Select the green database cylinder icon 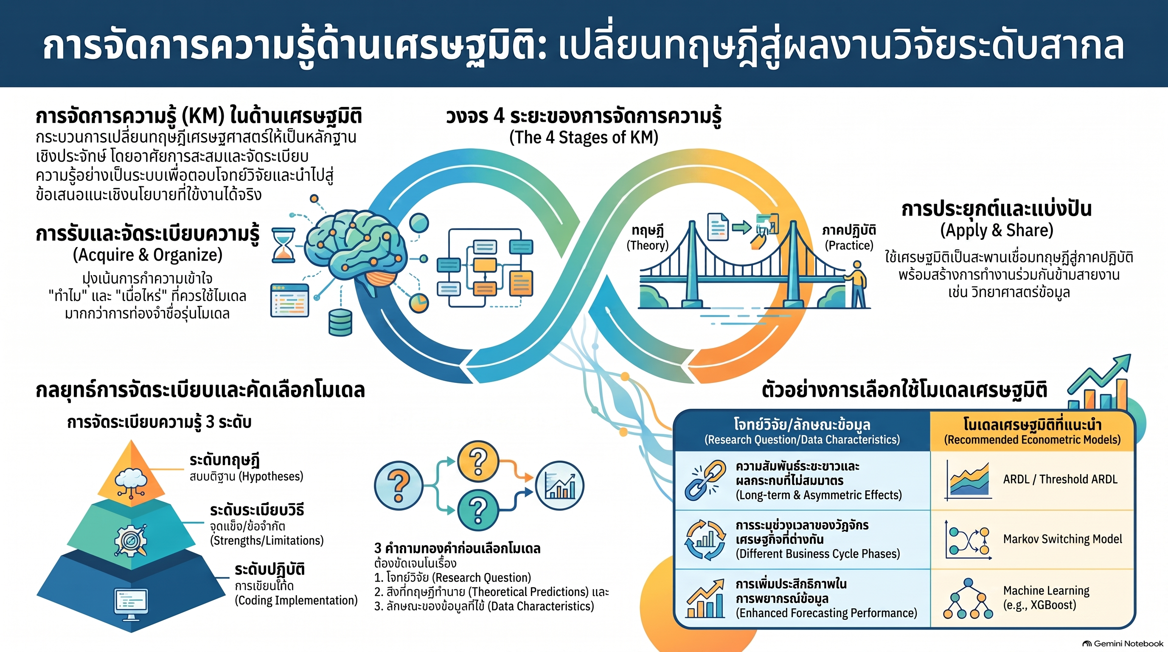340,322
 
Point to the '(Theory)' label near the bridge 648,245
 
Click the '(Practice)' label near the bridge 849,245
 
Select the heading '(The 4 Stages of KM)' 584,137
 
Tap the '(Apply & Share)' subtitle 997,230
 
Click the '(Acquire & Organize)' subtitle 148,255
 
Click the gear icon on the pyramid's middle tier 131,540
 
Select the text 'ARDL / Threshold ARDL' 1060,479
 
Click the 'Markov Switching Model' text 1062,539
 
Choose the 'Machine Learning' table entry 1046,590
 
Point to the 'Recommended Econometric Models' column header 1033,439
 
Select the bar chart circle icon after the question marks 559,486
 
